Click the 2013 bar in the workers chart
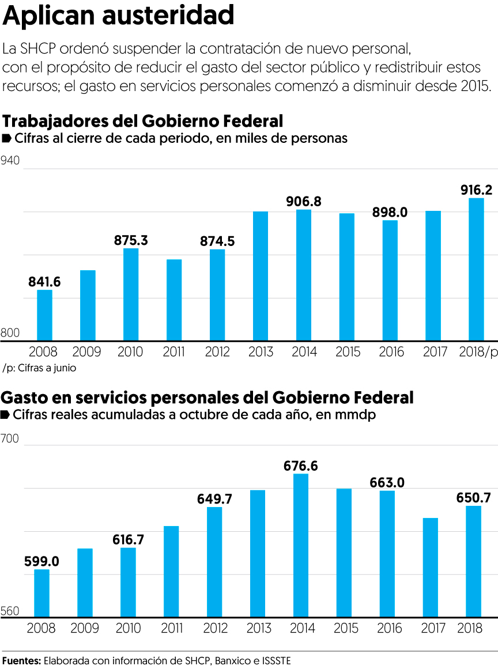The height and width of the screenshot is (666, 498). click(261, 276)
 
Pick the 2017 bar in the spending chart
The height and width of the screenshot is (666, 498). click(431, 567)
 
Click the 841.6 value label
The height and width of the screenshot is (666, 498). click(44, 282)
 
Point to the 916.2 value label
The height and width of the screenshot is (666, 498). click(476, 190)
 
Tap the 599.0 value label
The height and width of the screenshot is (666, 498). click(41, 561)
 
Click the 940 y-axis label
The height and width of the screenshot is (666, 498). click(11, 161)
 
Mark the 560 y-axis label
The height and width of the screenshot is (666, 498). click(10, 612)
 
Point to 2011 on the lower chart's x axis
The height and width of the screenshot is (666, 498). click(171, 628)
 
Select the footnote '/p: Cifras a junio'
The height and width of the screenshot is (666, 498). click(39, 368)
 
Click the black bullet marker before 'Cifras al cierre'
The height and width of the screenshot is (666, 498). click(7, 138)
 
